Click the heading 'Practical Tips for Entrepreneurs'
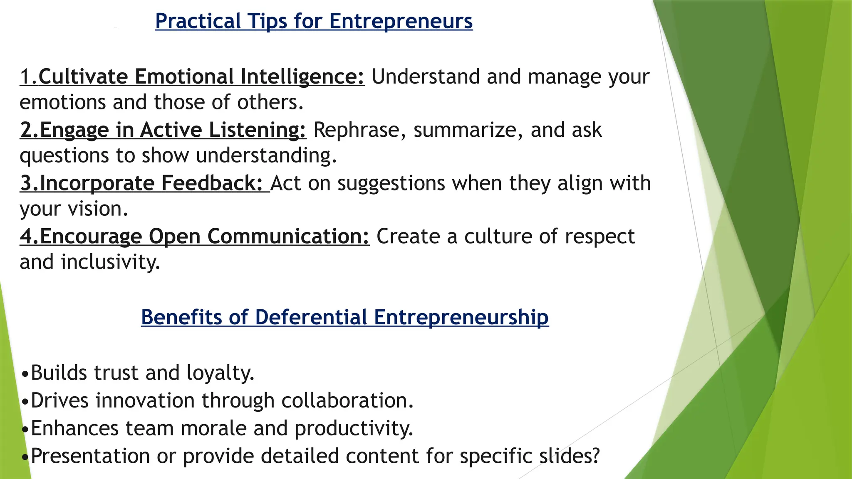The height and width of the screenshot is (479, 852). point(314,21)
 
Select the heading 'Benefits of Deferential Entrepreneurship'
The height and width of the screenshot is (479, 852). point(345,317)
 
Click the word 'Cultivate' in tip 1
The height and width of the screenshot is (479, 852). point(83,77)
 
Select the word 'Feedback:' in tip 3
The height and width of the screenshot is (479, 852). point(212,183)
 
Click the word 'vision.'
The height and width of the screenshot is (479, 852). point(99,209)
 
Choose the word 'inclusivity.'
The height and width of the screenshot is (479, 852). point(110,262)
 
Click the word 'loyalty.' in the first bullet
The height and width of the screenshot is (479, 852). point(220,373)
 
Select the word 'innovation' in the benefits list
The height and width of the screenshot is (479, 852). point(145,401)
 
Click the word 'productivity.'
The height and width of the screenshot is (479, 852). point(354,429)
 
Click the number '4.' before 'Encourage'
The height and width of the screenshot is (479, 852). point(29,237)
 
